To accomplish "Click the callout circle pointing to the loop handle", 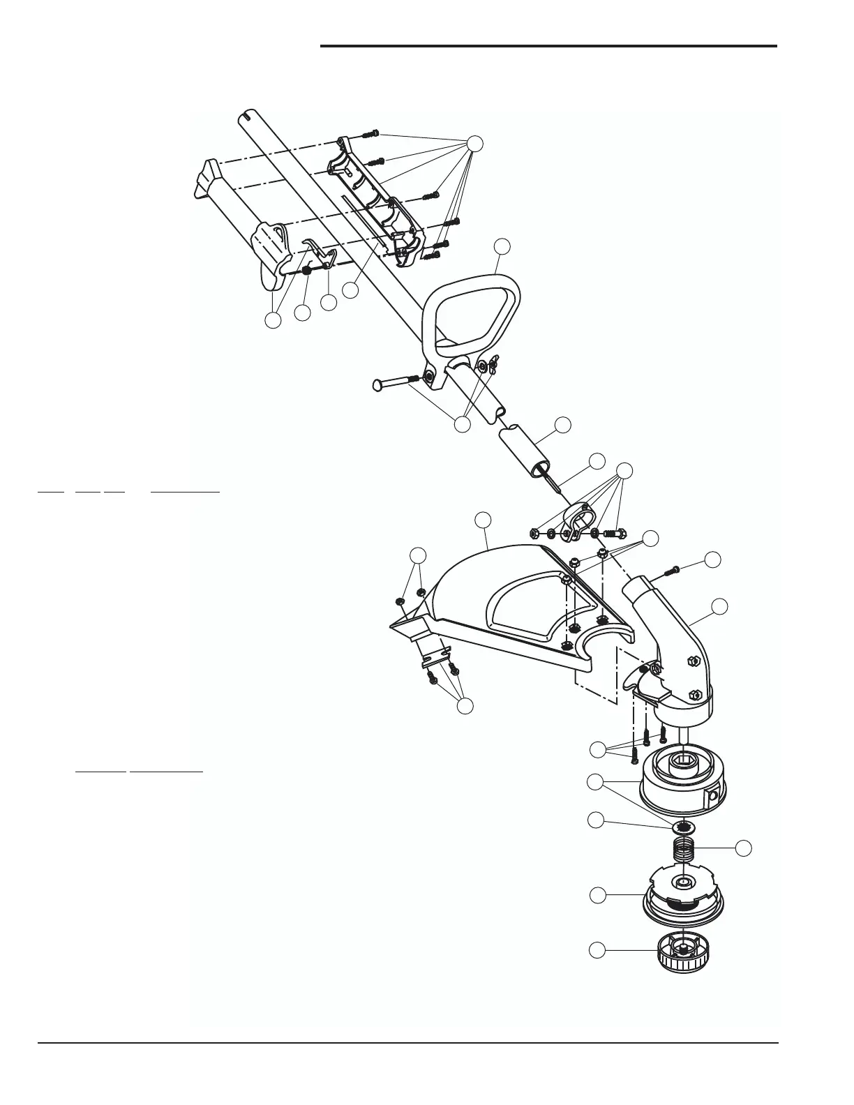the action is [502, 246].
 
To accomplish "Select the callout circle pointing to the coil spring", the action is [744, 848].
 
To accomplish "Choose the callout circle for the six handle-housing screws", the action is [474, 143].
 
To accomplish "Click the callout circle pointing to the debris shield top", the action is [482, 520].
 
